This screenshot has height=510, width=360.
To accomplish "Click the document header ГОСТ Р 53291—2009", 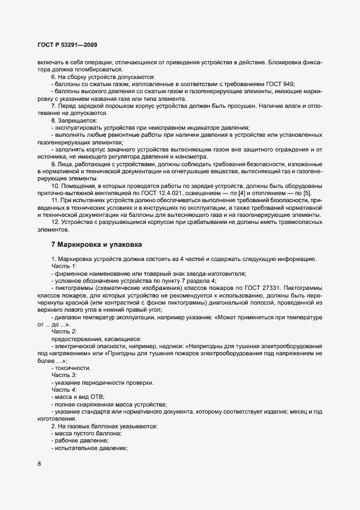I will pyautogui.click(x=68, y=44).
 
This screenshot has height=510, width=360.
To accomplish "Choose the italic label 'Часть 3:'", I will pyautogui.click(x=64, y=376).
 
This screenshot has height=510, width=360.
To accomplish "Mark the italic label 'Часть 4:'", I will pyautogui.click(x=64, y=391).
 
